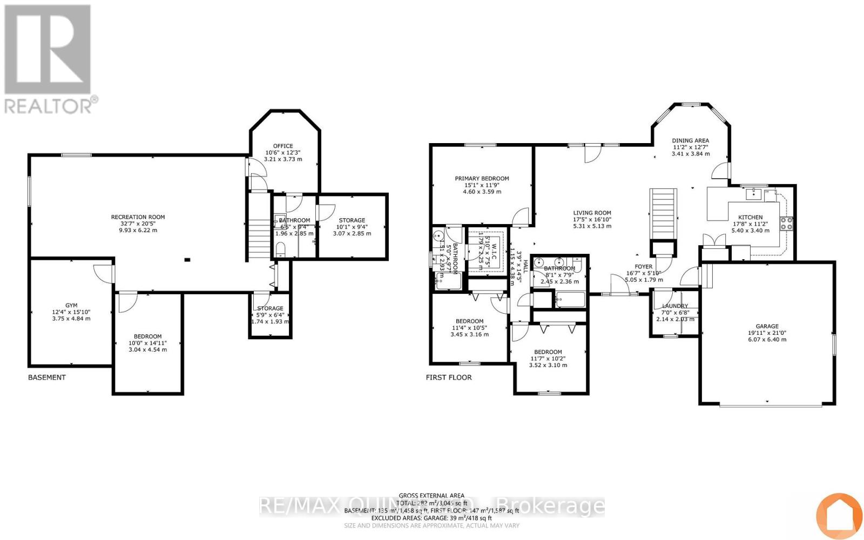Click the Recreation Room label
point(138,217)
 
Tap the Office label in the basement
point(283,146)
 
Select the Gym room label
point(71,305)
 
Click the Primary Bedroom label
point(482,178)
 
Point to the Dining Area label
point(690,140)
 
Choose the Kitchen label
point(751,217)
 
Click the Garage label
point(767,326)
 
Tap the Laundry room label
point(674,306)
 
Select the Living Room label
point(592,213)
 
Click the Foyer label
point(643,266)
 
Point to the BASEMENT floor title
point(47,377)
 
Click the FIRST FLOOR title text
point(449,377)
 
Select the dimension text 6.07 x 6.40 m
point(767,340)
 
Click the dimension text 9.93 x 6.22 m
point(138,230)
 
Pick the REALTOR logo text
point(51,105)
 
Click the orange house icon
point(839,515)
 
